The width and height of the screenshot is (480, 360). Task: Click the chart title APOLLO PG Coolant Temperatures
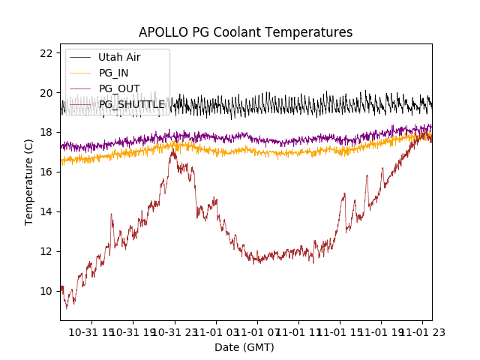point(245,32)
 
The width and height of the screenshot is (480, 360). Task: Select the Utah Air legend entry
point(119,57)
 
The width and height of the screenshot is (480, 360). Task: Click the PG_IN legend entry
point(113,73)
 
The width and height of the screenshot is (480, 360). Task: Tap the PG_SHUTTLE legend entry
point(132,104)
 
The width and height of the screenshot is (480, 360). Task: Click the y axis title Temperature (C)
point(29,182)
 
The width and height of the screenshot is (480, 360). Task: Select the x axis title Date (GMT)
point(244,347)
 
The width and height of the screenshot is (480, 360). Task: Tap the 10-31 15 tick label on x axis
point(93,331)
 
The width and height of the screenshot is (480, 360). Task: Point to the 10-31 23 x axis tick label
point(175,331)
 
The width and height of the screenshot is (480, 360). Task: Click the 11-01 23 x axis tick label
point(421,331)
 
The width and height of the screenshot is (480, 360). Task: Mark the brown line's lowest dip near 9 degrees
point(66,308)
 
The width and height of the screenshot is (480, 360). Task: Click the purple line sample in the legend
point(80,88)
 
